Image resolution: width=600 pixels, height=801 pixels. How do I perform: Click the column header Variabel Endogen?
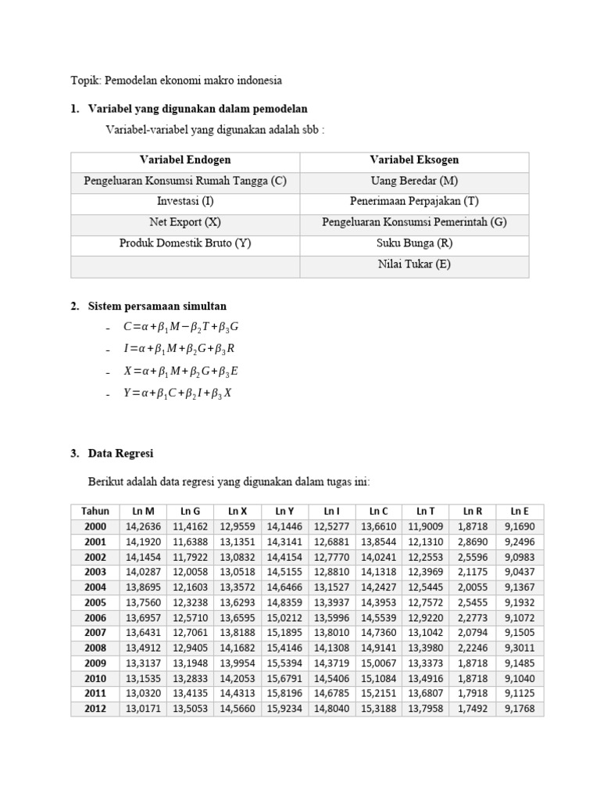tap(185, 160)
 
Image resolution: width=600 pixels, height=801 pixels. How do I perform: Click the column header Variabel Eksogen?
tap(414, 160)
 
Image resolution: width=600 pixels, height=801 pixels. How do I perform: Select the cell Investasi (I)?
tap(185, 201)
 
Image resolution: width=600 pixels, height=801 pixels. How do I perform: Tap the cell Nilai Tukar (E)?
tap(414, 264)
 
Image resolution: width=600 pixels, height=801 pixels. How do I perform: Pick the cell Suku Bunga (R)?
tap(414, 243)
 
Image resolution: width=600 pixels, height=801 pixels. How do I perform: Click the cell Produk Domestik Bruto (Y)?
tap(185, 243)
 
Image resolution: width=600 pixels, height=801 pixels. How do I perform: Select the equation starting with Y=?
tap(177, 393)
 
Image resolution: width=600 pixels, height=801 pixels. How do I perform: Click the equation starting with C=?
tap(180, 327)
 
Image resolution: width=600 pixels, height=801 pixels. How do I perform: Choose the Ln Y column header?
tap(285, 512)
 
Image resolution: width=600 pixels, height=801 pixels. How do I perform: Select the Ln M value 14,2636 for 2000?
tap(143, 527)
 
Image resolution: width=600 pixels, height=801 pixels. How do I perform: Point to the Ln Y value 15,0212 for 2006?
tap(285, 617)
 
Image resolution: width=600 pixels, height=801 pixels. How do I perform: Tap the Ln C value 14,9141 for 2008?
tap(378, 648)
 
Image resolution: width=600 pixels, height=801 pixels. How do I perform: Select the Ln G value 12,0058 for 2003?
tap(191, 572)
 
